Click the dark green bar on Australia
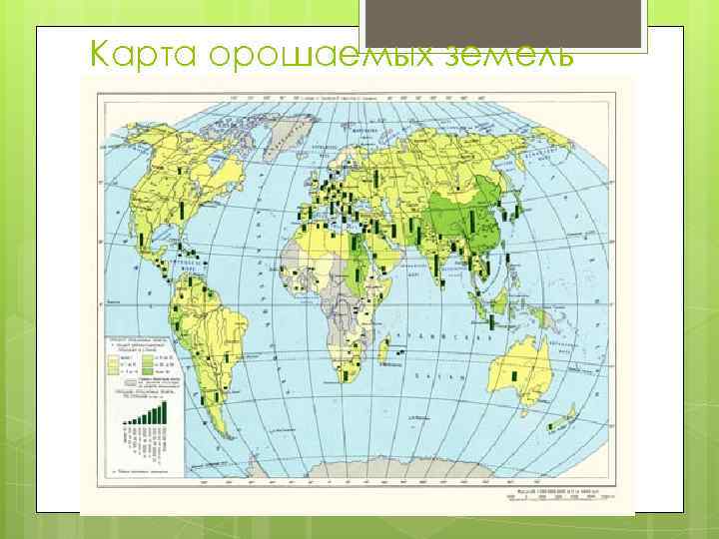515,374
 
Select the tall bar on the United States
183,209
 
